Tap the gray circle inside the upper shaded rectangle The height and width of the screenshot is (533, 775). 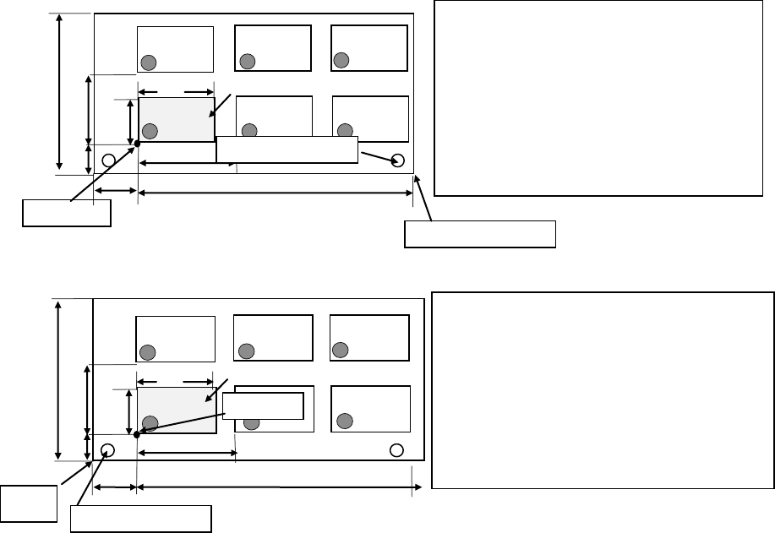coord(150,130)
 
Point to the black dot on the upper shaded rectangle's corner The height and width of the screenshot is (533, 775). coord(137,144)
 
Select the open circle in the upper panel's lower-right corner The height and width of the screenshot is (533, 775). coord(399,160)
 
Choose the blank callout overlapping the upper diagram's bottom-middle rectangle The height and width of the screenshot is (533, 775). coord(287,149)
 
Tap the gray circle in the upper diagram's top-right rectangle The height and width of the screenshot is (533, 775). coord(341,59)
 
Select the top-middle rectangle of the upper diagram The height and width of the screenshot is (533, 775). coord(273,49)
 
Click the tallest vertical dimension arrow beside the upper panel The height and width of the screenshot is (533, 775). coord(59,93)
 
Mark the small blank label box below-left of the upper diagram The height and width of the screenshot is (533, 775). coord(67,213)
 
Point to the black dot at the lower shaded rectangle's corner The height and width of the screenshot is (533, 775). coord(136,434)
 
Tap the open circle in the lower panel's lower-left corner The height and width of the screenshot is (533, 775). coord(108,449)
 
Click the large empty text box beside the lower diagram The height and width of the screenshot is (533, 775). coord(603,389)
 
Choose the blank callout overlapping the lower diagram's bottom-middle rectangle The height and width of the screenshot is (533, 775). coord(263,405)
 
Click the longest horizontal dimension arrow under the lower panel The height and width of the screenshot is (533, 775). coord(275,487)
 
